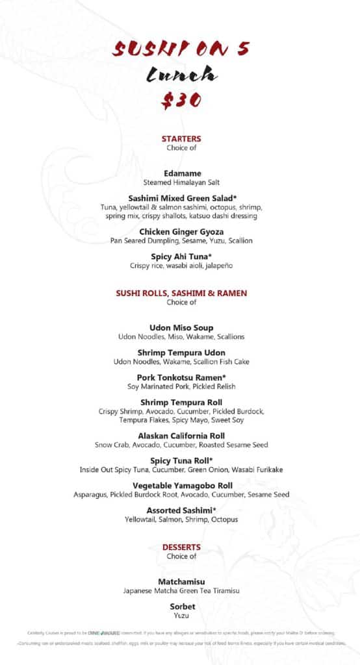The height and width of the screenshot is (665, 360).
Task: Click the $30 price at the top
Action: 181,100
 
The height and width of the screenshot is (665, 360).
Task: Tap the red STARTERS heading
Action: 181,138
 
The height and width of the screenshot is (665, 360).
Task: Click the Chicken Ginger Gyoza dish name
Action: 181,231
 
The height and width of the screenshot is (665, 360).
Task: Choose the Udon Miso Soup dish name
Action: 181,328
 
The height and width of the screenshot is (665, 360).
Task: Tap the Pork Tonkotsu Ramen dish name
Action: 181,377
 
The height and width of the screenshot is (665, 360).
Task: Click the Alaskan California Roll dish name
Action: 181,436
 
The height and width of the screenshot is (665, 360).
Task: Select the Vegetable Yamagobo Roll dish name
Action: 181,485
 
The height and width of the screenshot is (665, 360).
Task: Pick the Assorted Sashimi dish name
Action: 181,510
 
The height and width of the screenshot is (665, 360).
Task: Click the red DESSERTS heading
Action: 181,547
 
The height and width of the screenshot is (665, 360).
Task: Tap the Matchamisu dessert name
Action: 181,582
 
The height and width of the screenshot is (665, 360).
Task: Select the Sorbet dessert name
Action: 181,607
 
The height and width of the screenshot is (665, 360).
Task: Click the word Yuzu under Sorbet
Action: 181,615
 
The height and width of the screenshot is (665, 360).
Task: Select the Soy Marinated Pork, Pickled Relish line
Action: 181,386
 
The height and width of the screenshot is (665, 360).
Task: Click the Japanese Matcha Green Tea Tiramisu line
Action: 181,590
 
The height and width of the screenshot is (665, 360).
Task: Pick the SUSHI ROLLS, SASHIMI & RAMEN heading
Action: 181,294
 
